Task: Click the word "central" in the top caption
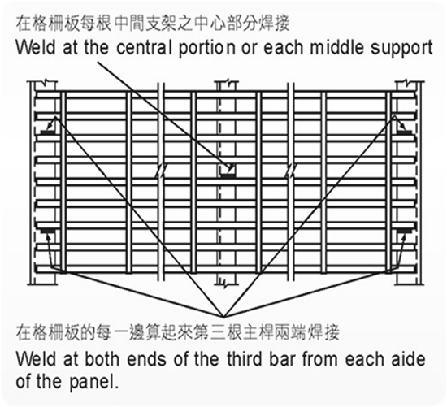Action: coord(144,48)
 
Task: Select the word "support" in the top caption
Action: coord(401,49)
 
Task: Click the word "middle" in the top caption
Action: coord(337,48)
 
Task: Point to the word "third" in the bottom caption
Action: coord(245,359)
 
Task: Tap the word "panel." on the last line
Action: coord(93,382)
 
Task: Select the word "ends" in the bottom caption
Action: coord(146,359)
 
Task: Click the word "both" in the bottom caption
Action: coord(102,359)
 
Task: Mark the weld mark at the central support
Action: coord(228,176)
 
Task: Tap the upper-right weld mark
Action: coord(405,132)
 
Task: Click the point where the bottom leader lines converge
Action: coord(223,317)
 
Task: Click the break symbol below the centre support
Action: coord(226,284)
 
